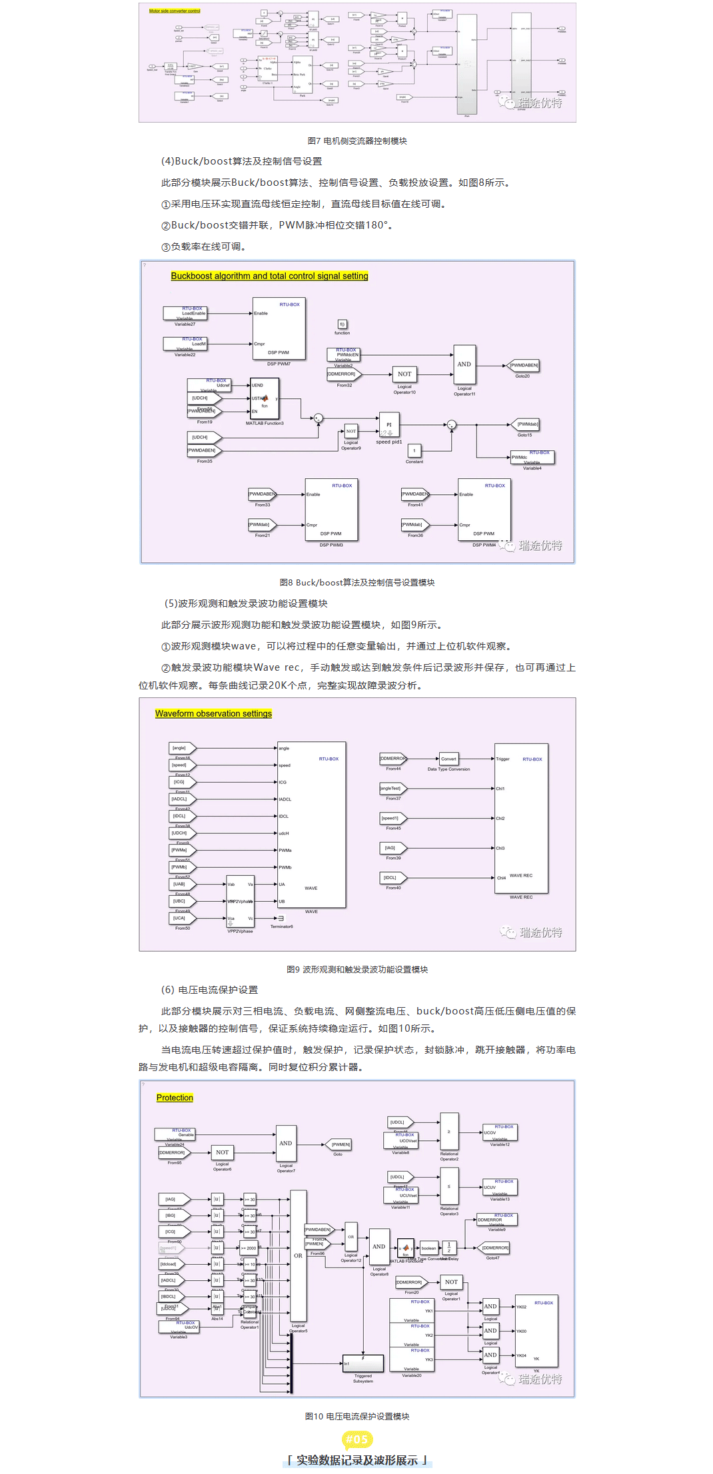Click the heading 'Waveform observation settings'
[x=213, y=713]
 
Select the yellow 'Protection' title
[x=175, y=1097]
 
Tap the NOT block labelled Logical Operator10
[x=404, y=374]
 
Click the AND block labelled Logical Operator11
[x=464, y=364]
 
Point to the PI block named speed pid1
[x=389, y=425]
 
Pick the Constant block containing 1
[x=414, y=451]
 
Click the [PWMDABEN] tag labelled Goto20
[x=523, y=366]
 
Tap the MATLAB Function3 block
[x=265, y=398]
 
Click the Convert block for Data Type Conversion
[x=448, y=759]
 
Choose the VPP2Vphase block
[x=240, y=901]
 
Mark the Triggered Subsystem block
[x=363, y=1363]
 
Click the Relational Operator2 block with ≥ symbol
[x=449, y=1131]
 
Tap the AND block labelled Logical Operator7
[x=286, y=1143]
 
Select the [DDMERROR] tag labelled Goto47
[x=494, y=1248]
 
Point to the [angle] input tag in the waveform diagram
[x=181, y=748]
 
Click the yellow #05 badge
[x=356, y=1439]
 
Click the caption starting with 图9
[x=357, y=969]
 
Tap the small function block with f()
[x=342, y=324]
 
